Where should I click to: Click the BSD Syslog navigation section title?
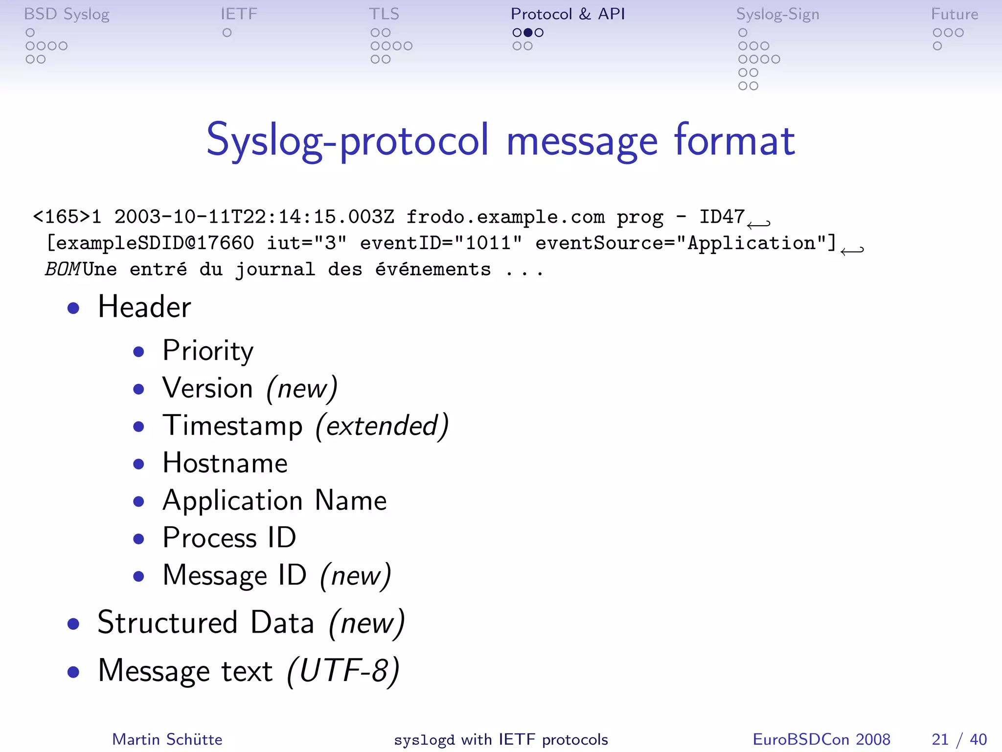67,14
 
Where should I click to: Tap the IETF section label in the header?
239,14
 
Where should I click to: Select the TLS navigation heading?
384,14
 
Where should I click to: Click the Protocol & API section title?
568,14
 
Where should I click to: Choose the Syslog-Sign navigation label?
777,15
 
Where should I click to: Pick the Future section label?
954,14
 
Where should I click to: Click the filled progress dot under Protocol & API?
528,33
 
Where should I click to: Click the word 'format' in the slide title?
734,141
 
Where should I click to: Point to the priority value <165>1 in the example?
67,216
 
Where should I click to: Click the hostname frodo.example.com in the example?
505,216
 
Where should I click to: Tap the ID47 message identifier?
722,216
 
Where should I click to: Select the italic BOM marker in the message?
63,269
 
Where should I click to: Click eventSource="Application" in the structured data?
685,243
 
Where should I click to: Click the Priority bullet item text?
208,351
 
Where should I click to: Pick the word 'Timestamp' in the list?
233,425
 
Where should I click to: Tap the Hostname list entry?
225,463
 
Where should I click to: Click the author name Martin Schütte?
167,739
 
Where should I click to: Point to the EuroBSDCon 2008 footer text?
821,739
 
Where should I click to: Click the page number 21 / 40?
959,739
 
